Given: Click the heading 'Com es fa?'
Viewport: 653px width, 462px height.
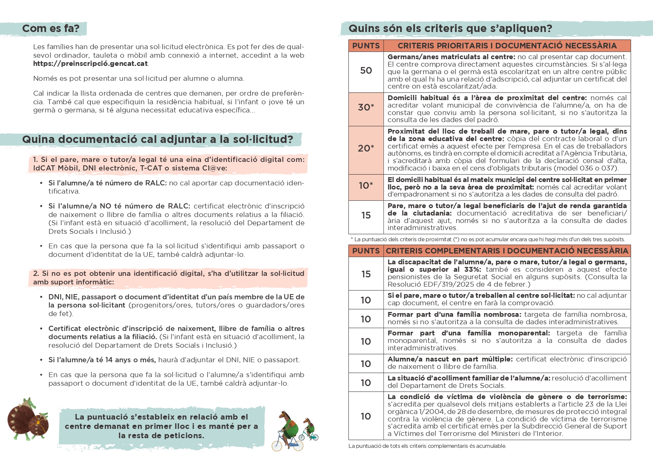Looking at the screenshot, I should point(51,28).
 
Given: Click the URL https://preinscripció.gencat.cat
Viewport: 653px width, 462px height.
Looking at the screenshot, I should point(90,64).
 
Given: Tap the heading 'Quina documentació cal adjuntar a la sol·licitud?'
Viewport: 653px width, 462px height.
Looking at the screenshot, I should point(157,139).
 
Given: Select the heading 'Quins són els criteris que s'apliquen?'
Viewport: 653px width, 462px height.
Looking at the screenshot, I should point(450,28).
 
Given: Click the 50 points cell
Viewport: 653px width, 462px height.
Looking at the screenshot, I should point(366,71).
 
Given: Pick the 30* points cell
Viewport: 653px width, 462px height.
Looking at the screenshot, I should point(366,107).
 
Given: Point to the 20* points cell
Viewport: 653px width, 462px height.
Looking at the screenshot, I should point(366,148).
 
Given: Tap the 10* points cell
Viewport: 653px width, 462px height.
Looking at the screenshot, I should point(366,185).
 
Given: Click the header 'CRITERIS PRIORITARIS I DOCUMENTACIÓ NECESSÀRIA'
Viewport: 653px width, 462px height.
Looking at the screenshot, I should point(507,46).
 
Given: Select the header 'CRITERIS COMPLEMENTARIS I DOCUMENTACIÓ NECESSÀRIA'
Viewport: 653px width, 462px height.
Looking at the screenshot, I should point(507,251).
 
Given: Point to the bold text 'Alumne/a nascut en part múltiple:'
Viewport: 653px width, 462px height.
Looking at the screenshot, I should point(450,359).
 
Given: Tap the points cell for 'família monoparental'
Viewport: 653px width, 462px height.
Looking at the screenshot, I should point(366,341).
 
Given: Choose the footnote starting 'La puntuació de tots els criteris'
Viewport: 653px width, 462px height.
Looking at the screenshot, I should point(427,446).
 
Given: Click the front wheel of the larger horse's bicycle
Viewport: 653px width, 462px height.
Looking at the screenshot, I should point(298,445).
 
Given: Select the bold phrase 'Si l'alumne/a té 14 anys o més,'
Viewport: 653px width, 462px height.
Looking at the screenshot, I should point(102,360).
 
